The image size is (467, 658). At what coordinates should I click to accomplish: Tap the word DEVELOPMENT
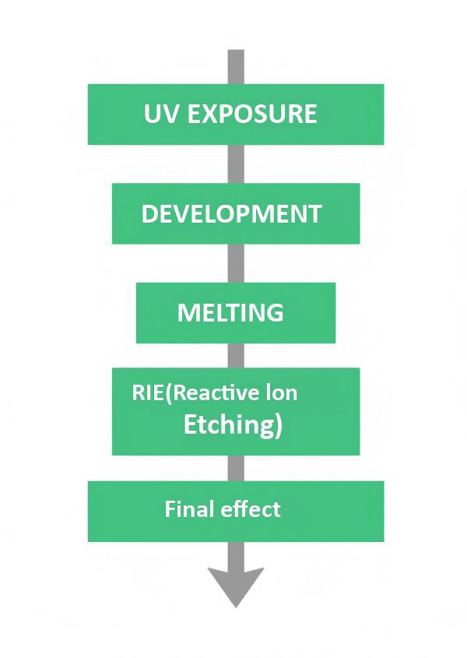click(231, 214)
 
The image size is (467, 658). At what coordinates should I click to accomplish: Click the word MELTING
click(230, 313)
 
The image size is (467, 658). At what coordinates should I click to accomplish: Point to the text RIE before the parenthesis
click(149, 392)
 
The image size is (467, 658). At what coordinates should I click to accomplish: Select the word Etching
click(227, 425)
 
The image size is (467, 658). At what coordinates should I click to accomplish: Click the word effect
click(251, 510)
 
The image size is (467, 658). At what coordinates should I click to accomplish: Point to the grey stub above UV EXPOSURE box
click(236, 66)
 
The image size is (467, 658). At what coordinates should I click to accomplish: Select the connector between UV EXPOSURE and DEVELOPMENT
click(236, 164)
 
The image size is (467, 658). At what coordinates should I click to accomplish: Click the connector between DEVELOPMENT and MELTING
click(236, 263)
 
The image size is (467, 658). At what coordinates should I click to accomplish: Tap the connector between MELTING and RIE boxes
click(236, 355)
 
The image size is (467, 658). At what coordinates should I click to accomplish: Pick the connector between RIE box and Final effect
click(236, 467)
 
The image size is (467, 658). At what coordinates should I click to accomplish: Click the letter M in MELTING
click(187, 313)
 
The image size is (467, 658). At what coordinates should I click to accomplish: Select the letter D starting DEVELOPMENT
click(149, 214)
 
